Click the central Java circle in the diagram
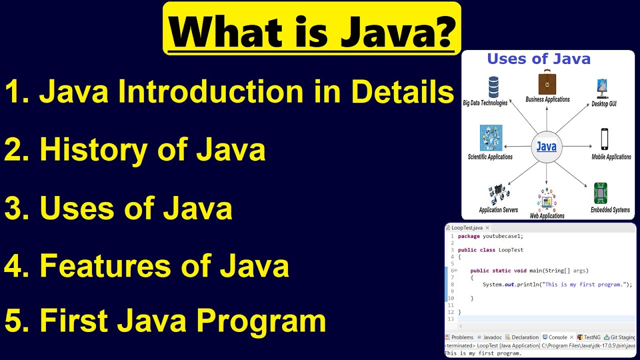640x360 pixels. [546, 147]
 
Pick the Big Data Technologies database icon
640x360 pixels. [493, 87]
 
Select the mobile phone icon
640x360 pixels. [604, 139]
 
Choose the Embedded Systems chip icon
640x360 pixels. [600, 193]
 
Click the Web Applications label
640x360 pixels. [547, 216]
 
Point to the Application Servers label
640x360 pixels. [498, 210]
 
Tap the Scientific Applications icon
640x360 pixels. [490, 138]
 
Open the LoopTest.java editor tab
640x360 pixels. [465, 227]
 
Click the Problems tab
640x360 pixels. [461, 337]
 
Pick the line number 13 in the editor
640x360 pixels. [451, 319]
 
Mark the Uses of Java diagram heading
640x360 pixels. [538, 59]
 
